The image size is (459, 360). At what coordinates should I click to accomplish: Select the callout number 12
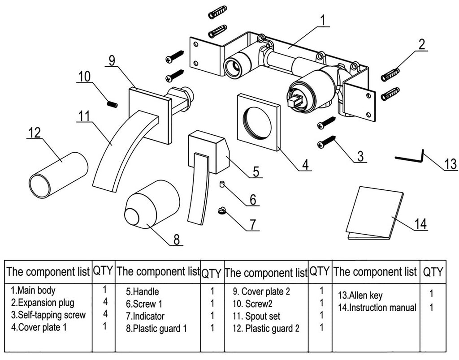click(x=34, y=133)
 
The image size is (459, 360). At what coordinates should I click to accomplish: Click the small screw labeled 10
click(x=113, y=104)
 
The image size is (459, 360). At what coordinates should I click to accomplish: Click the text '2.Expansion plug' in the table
click(x=43, y=303)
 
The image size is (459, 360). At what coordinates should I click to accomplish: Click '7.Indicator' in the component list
click(x=145, y=316)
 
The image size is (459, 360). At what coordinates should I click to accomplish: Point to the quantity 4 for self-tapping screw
click(x=105, y=314)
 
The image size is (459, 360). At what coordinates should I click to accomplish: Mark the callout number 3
click(x=359, y=156)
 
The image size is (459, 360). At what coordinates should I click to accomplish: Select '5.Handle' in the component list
click(x=143, y=292)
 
